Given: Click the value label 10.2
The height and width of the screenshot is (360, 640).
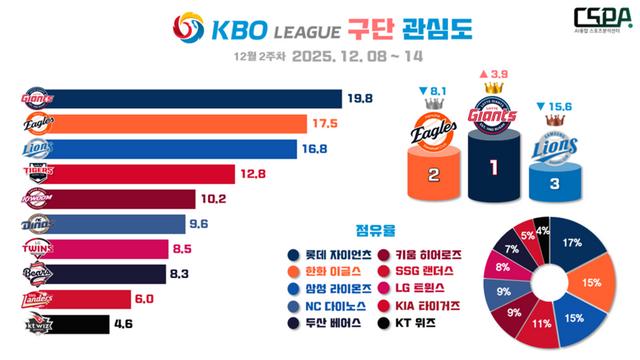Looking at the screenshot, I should (228, 198).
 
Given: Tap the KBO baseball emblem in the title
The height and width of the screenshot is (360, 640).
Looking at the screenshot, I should (188, 29).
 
